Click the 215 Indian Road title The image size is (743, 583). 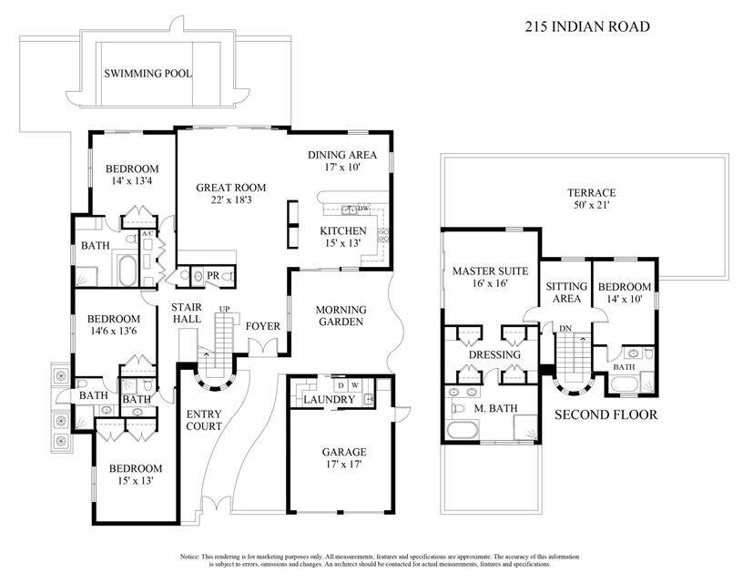(586, 27)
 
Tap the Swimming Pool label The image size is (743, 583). (148, 74)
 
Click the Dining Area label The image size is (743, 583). (341, 155)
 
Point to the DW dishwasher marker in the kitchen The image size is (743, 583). (362, 209)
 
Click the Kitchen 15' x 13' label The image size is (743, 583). (343, 231)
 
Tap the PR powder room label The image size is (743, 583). (211, 273)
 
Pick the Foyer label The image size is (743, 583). (263, 326)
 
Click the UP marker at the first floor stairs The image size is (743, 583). (223, 309)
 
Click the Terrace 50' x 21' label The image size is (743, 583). (592, 199)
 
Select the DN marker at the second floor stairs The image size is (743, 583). (565, 328)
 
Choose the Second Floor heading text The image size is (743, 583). (606, 414)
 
